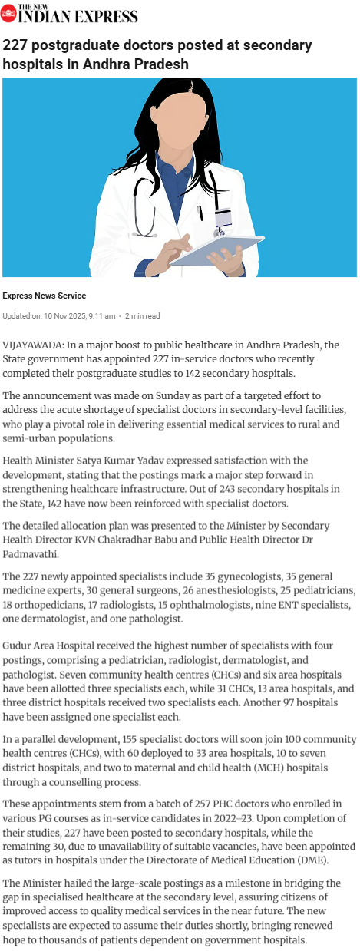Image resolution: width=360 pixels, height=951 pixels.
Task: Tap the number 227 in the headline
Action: pyautogui.click(x=18, y=45)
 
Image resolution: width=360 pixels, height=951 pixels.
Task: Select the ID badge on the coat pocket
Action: pyautogui.click(x=223, y=220)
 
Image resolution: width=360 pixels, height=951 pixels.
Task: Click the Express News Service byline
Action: pyautogui.click(x=44, y=296)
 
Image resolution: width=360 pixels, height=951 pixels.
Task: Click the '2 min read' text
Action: pyautogui.click(x=142, y=315)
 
